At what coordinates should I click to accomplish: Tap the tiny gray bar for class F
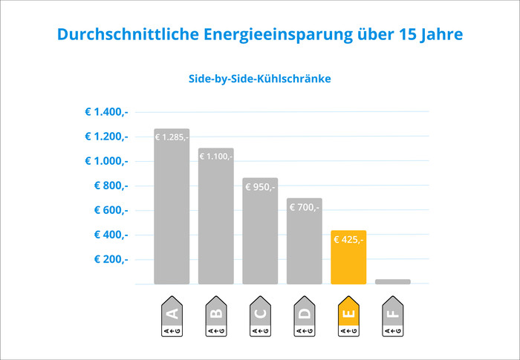(393, 281)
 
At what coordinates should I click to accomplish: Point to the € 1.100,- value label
(215, 157)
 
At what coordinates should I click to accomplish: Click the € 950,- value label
(260, 187)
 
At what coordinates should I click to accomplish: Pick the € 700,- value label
(305, 207)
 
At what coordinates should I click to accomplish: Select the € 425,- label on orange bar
(348, 240)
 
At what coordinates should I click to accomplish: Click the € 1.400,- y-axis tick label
(106, 112)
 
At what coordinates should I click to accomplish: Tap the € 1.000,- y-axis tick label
(106, 161)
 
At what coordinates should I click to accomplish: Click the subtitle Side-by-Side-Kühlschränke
(259, 78)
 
